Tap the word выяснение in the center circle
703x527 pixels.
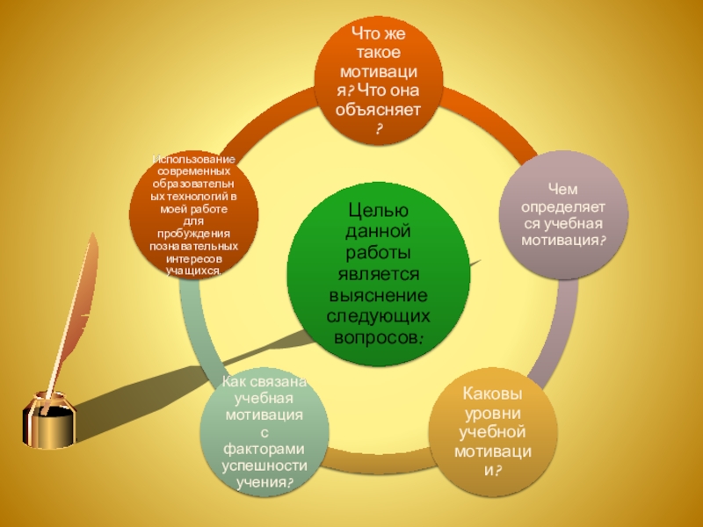tap(378, 295)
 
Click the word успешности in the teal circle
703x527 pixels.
tap(265, 466)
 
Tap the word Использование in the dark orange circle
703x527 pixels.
tap(193, 160)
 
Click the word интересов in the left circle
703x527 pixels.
tap(193, 259)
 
